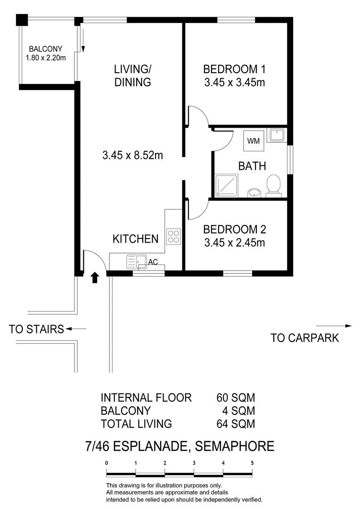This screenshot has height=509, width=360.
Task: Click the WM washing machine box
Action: coord(253,140)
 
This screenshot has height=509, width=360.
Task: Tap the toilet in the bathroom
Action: coord(274,186)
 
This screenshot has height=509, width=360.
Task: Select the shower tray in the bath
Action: coord(226,186)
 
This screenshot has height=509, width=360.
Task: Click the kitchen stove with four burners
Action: coord(173,236)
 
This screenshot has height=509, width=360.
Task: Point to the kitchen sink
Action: coord(136,261)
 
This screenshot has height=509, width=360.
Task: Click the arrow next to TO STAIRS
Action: coord(76,329)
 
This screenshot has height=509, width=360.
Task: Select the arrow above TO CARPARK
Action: coord(334,326)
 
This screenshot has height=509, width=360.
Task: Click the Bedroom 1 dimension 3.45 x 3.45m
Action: coord(234,83)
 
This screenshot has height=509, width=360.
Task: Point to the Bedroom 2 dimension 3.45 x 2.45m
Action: coord(234,243)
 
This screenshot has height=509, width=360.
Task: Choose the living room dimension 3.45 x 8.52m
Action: coord(132,155)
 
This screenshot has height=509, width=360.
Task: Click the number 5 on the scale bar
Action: coord(253,463)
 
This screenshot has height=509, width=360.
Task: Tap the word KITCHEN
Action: coord(135,239)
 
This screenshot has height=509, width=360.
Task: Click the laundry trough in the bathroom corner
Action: coord(276,135)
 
